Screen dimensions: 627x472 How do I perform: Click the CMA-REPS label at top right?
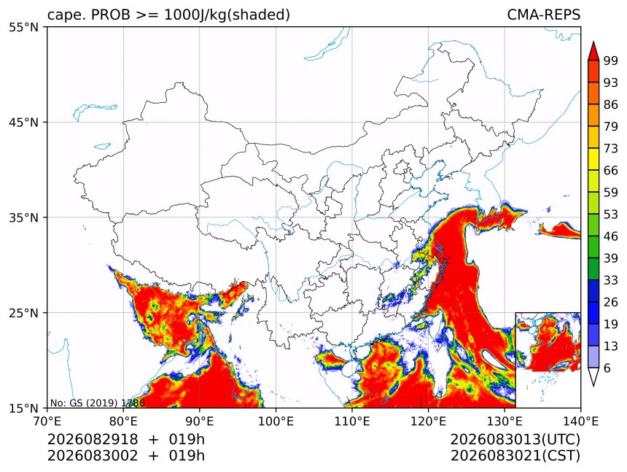tap(543, 15)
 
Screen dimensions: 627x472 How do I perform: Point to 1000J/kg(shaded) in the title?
tap(227, 15)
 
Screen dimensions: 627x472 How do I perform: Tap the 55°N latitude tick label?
tap(23, 27)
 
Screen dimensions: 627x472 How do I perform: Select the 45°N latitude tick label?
tap(23, 122)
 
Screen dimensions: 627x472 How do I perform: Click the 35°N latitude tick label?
tap(23, 217)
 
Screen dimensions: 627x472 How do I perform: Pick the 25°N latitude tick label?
tap(23, 313)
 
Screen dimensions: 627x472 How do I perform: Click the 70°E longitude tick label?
tap(47, 421)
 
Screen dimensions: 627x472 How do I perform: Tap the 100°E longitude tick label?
tap(276, 421)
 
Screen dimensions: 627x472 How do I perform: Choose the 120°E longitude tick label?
tap(428, 421)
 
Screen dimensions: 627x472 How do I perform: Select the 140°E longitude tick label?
tap(580, 421)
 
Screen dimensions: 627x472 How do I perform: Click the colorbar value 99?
tap(611, 61)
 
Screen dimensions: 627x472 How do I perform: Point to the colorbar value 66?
tap(611, 171)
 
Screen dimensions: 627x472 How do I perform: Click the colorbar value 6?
tap(607, 368)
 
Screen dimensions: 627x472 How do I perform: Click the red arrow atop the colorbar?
tap(593, 51)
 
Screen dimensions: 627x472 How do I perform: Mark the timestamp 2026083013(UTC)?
tap(515, 440)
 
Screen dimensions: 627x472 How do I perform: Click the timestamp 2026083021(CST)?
tap(515, 456)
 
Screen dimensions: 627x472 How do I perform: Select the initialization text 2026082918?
tap(93, 440)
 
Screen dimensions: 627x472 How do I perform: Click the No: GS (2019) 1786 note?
tap(97, 403)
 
